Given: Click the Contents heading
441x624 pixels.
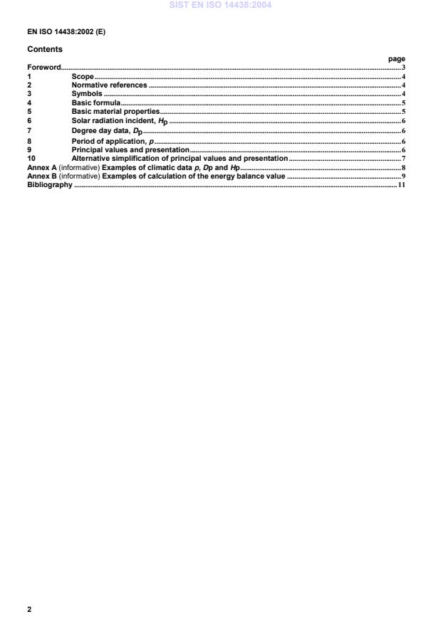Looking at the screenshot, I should tap(44, 50).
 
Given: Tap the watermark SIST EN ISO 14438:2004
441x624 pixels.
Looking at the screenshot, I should tap(220, 6).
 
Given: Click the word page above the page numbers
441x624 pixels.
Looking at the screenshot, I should tap(397, 59).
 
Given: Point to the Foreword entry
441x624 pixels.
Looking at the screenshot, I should tap(44, 68).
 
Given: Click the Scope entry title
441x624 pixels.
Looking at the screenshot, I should tap(83, 76).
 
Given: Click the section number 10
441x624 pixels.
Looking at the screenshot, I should tap(31, 158).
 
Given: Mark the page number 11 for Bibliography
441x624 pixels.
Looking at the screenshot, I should tap(402, 185).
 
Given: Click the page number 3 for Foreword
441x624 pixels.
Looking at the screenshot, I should tap(403, 68).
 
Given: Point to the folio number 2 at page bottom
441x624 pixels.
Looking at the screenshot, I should tap(29, 610).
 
